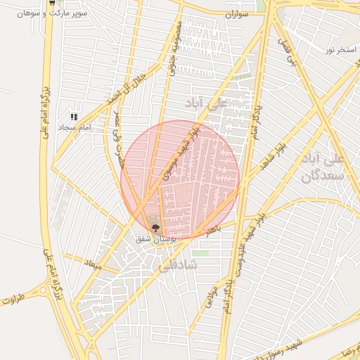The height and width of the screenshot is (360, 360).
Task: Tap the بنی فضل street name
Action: (x=289, y=52)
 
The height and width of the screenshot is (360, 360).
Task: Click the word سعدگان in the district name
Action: (x=322, y=175)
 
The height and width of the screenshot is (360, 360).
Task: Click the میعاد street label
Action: (x=94, y=266)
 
